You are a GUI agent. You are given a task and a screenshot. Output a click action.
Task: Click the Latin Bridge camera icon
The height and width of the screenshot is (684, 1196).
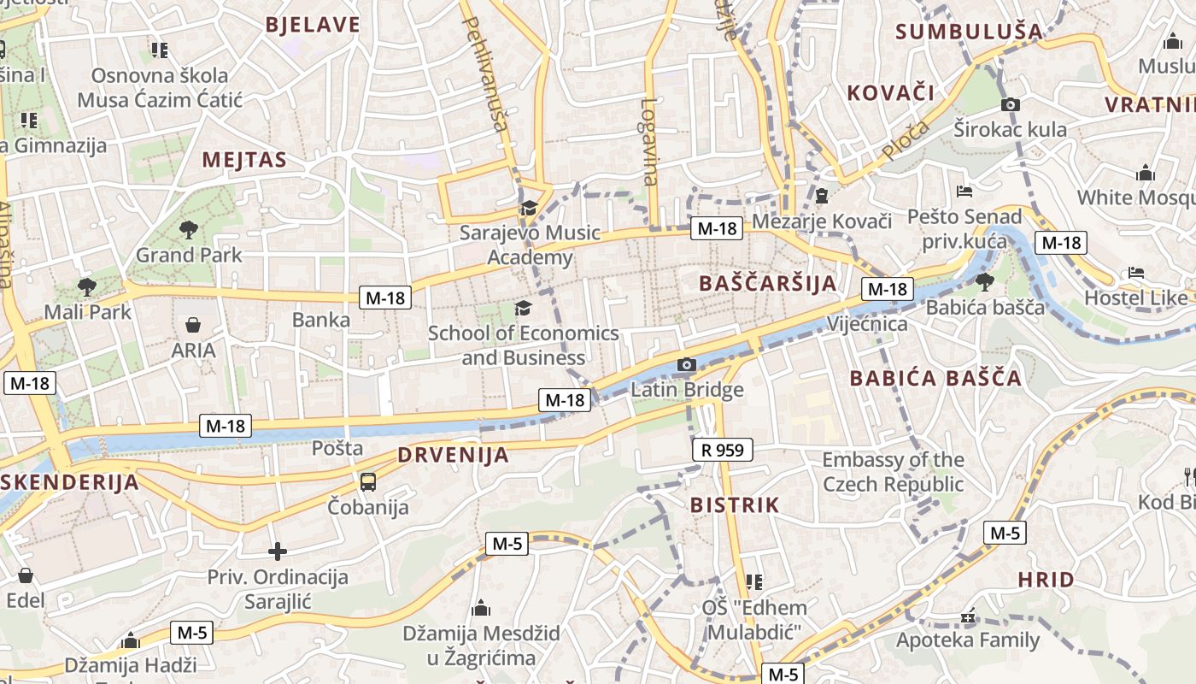coord(686,365)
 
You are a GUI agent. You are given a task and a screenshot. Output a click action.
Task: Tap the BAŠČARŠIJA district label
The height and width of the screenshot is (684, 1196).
coord(767,283)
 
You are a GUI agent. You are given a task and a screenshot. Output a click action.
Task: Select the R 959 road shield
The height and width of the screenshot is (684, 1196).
coord(722,449)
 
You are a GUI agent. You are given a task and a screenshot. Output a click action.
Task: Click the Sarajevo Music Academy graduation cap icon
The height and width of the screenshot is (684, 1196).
coord(529,208)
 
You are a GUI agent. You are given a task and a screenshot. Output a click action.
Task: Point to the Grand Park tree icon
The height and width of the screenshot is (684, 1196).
coord(189,229)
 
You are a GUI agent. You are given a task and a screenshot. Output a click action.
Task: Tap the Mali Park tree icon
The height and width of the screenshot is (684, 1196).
coord(86,286)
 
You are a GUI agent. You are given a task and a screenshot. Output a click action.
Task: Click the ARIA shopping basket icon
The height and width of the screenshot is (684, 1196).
coord(194,325)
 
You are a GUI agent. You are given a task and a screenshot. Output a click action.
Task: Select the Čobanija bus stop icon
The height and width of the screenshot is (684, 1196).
coord(368,481)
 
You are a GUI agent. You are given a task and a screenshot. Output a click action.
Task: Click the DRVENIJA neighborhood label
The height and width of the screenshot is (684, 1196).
coord(453,455)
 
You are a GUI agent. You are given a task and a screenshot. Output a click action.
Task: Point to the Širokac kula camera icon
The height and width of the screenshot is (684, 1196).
coord(1011,104)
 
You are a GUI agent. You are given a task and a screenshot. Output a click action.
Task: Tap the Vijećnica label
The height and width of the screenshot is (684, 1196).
coord(867,324)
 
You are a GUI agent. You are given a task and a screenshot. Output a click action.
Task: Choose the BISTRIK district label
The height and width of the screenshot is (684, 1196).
coord(735,505)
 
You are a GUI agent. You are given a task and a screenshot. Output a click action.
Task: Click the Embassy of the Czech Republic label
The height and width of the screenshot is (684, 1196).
coord(893,472)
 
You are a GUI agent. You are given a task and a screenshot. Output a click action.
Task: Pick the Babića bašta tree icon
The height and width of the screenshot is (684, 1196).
coord(985,281)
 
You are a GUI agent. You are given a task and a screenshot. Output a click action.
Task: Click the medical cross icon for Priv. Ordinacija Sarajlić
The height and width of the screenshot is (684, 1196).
coord(277,551)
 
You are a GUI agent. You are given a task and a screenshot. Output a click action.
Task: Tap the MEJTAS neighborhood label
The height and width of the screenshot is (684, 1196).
coord(244,160)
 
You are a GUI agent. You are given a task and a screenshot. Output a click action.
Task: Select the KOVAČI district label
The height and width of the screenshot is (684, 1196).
coord(890,93)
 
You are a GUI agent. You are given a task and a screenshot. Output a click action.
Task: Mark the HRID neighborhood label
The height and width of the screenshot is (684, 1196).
coord(1046,580)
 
